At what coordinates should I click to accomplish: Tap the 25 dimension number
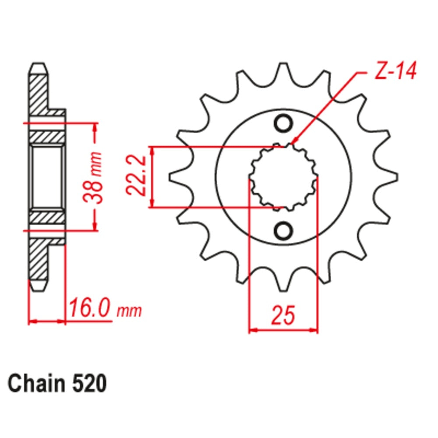point(283,315)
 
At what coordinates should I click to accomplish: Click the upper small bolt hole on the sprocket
point(283,123)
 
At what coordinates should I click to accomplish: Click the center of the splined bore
point(283,177)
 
